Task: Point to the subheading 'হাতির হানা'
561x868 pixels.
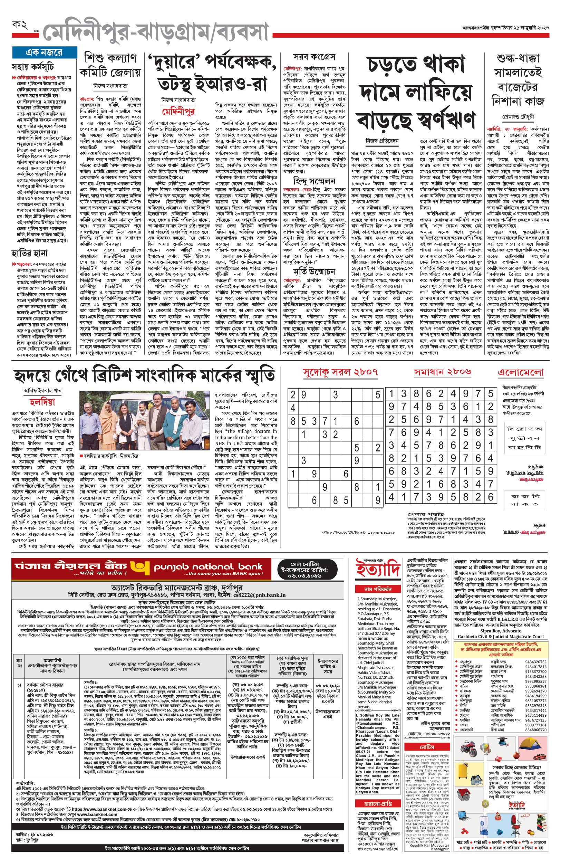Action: (29, 253)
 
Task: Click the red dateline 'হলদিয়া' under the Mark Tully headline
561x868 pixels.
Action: (42, 402)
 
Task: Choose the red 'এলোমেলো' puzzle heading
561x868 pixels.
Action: (521, 372)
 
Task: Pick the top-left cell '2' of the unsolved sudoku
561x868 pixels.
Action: (293, 394)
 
